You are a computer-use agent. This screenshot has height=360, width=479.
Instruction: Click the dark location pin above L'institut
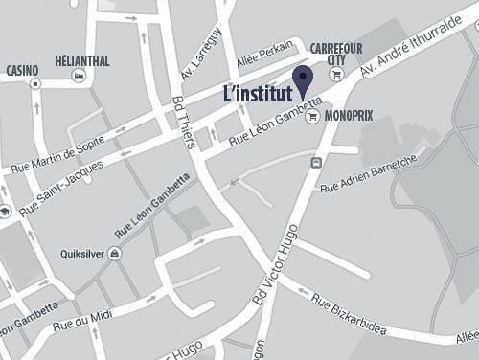click(x=304, y=82)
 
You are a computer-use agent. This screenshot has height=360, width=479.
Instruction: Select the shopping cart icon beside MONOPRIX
click(x=310, y=117)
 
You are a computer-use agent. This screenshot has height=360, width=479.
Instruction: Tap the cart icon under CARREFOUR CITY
click(x=335, y=75)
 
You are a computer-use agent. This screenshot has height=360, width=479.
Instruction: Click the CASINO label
click(x=22, y=71)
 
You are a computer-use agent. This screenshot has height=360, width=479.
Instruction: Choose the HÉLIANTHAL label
click(x=84, y=61)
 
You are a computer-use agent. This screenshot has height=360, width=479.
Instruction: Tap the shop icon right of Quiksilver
click(x=114, y=254)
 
